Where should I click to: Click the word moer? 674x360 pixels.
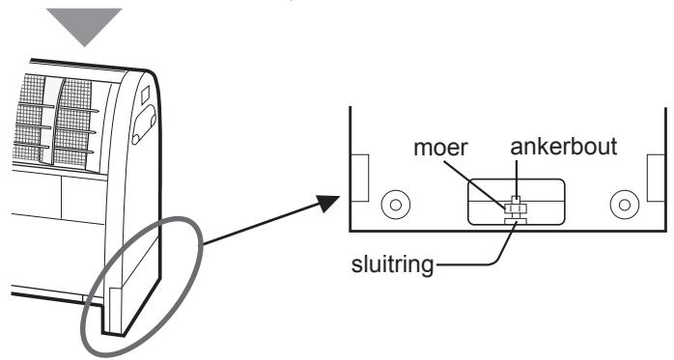[x=440, y=148]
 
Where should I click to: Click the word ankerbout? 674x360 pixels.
[x=564, y=147]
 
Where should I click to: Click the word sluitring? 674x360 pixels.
[x=392, y=264]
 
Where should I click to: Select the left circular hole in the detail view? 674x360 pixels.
[x=396, y=205]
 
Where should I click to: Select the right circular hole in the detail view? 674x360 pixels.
[x=625, y=205]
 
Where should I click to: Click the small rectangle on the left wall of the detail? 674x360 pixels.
[x=360, y=178]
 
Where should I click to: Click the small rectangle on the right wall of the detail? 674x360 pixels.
[x=657, y=178]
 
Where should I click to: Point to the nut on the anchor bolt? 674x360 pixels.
[x=516, y=208]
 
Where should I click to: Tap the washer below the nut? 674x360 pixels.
[x=516, y=221]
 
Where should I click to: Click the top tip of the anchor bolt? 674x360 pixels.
[x=516, y=197]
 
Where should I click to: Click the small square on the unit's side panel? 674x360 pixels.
[x=146, y=95]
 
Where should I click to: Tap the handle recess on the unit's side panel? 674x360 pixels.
[x=145, y=125]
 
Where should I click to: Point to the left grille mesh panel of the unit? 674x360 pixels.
[x=29, y=117]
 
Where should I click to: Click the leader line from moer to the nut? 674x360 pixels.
[x=475, y=185]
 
